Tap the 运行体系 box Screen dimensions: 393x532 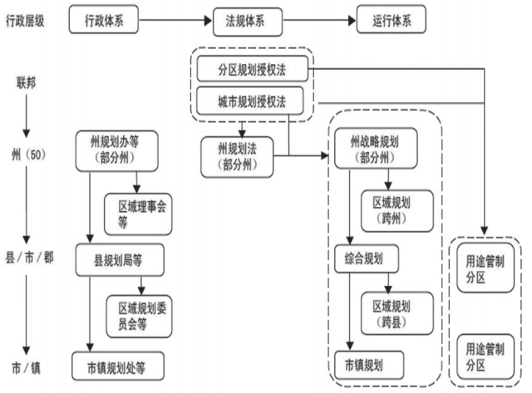(x=390, y=20)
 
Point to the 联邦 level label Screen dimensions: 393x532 (x=26, y=83)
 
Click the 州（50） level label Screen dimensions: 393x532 (x=27, y=154)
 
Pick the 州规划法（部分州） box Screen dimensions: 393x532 (x=239, y=155)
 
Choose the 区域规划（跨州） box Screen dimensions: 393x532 (x=397, y=209)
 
